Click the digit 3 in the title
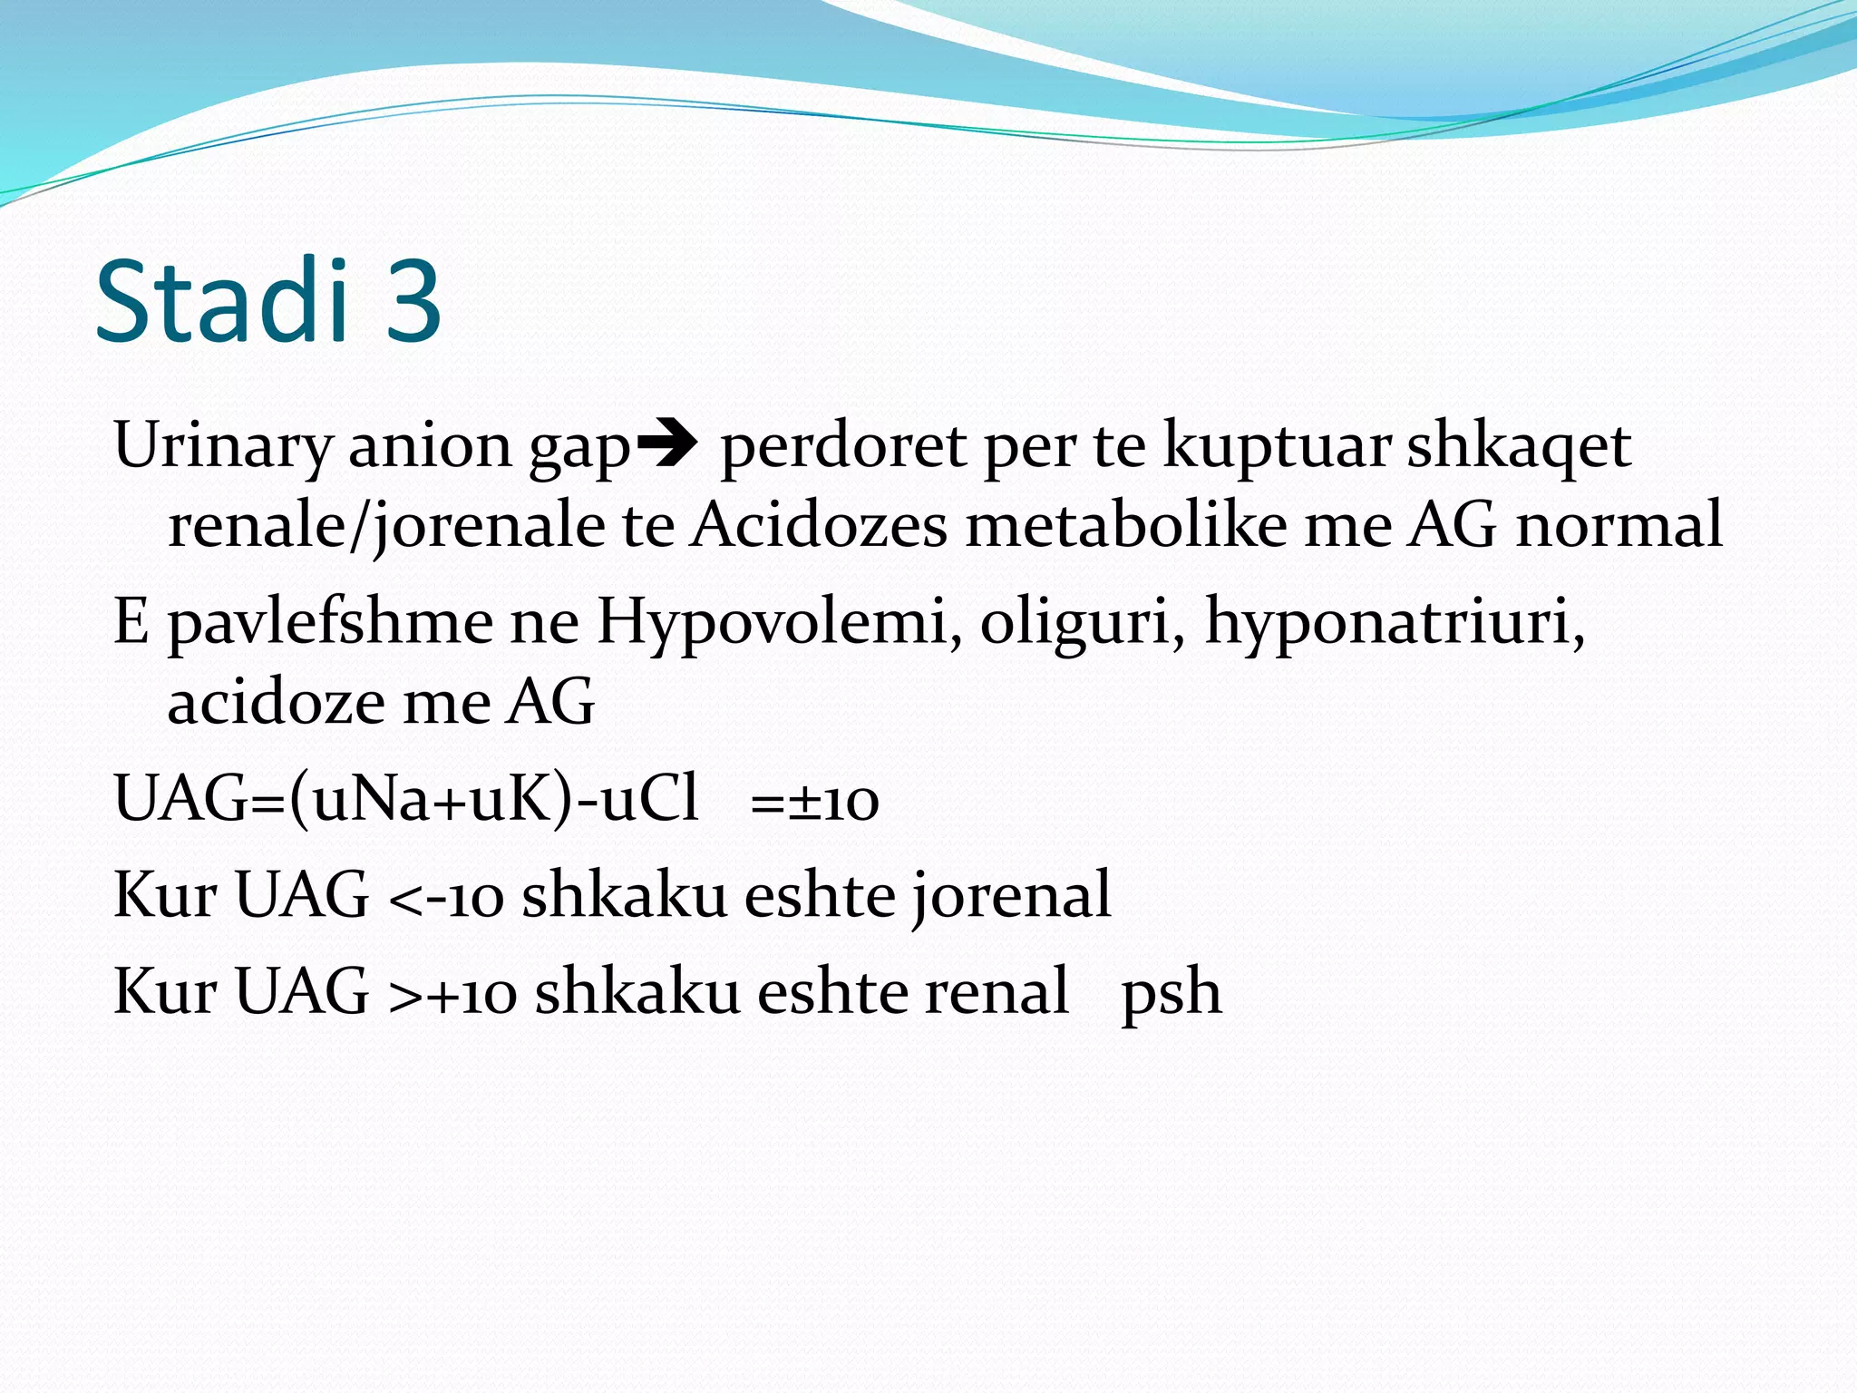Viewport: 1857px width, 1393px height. tap(413, 301)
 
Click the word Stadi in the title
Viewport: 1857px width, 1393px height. tap(222, 301)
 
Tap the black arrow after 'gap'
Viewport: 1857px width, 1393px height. tap(666, 444)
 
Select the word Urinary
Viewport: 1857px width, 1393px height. tap(223, 446)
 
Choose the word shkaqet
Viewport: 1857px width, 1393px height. tap(1519, 446)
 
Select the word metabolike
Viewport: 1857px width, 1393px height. tap(1125, 526)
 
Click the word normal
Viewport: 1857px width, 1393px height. tap(1619, 526)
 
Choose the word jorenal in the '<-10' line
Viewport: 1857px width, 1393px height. tap(1011, 896)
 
